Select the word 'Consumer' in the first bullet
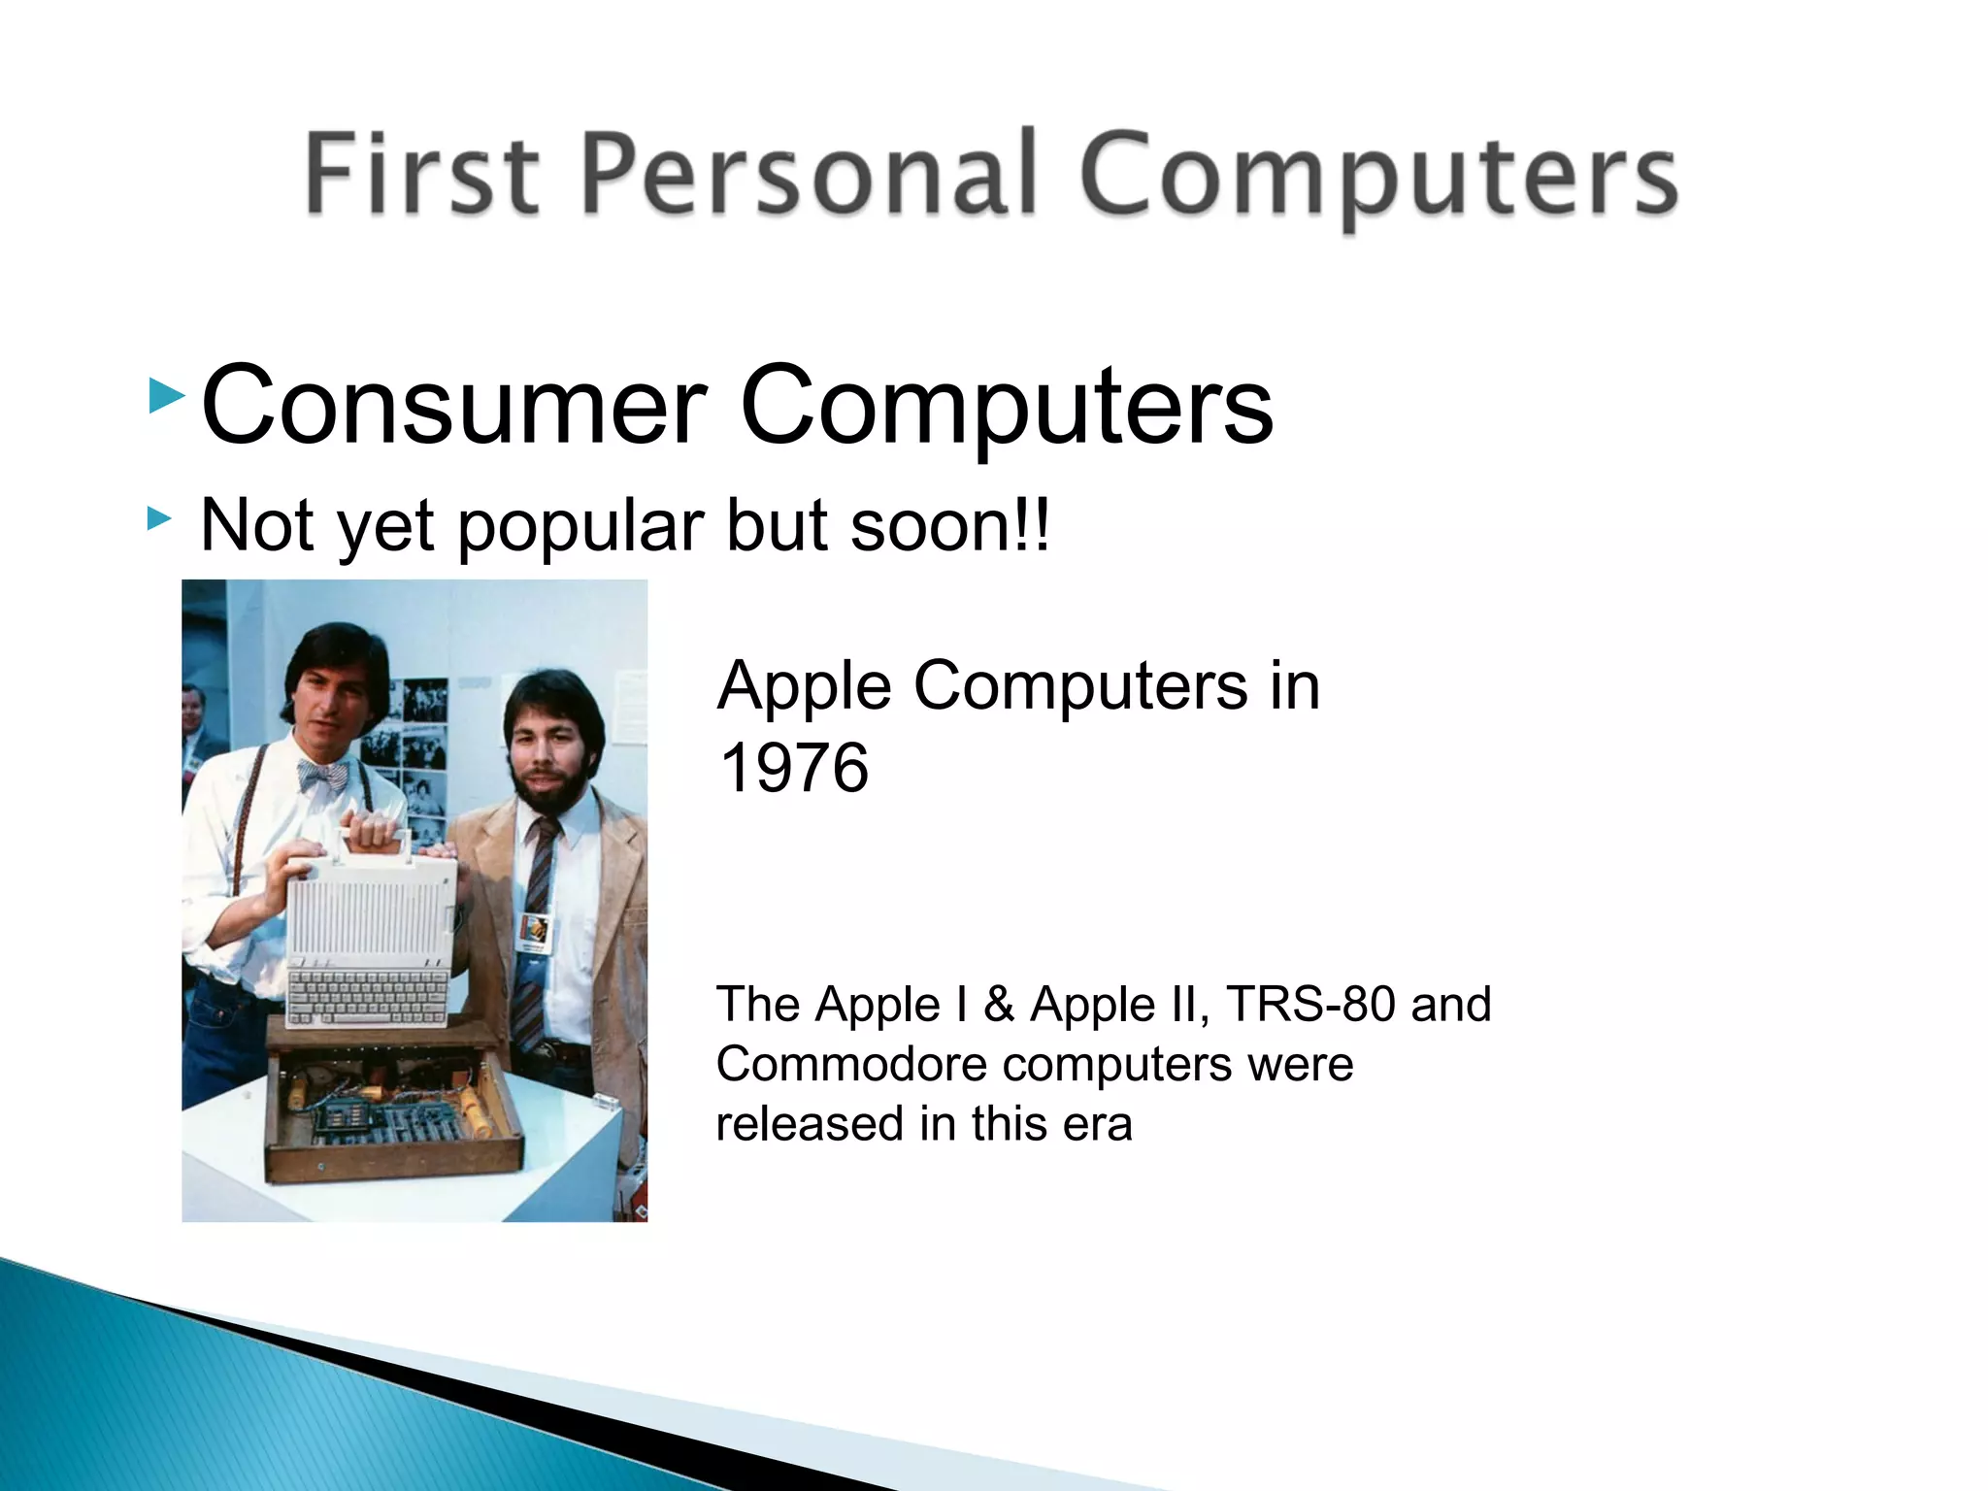[x=452, y=405]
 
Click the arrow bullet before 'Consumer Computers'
[x=166, y=396]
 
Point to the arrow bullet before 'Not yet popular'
[x=159, y=519]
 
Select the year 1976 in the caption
[x=793, y=768]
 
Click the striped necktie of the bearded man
[x=536, y=912]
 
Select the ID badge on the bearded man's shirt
[x=535, y=933]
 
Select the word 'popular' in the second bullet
[x=580, y=525]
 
